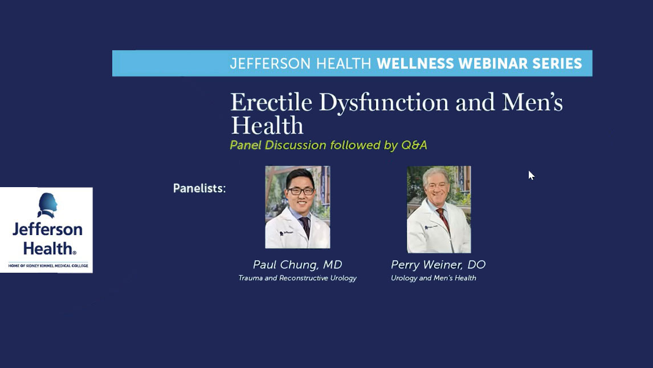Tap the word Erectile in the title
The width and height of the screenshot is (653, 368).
point(271,103)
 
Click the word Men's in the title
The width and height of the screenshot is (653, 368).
point(532,103)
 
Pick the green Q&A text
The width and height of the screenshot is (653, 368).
point(414,145)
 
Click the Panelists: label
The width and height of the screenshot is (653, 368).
point(199,188)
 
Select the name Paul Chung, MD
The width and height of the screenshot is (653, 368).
point(297,265)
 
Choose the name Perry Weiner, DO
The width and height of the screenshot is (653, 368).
point(438,265)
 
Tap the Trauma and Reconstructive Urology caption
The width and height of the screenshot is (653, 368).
point(297,278)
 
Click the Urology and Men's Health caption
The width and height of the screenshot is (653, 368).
point(434,278)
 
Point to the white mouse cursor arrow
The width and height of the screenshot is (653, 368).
point(531,175)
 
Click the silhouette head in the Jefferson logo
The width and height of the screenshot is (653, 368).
point(47,205)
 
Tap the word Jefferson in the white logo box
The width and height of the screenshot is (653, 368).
point(47,229)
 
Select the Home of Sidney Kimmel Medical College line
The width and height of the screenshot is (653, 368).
point(48,265)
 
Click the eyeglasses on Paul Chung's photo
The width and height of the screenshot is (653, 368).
point(301,191)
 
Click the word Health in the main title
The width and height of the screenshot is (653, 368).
point(267,126)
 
